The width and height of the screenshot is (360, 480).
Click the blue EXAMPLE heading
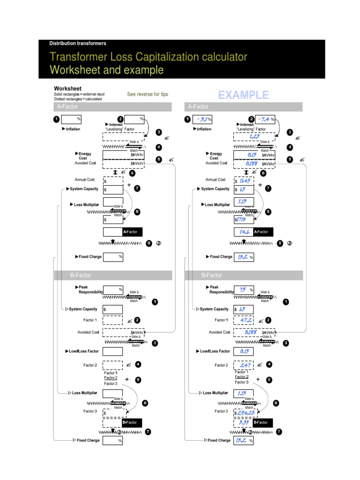[243, 95]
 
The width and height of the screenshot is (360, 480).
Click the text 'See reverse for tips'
[147, 94]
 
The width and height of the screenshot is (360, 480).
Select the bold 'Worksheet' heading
[67, 88]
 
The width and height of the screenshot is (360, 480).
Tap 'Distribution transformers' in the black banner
[78, 44]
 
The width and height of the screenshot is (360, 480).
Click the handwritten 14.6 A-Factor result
[243, 232]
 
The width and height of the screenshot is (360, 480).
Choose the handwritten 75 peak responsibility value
[243, 290]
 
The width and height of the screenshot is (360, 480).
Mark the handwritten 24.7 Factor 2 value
[244, 365]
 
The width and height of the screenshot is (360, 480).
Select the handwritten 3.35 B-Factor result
[243, 422]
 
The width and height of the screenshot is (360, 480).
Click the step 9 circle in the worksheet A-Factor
[149, 243]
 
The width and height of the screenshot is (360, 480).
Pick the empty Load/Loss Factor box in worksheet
[113, 351]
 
